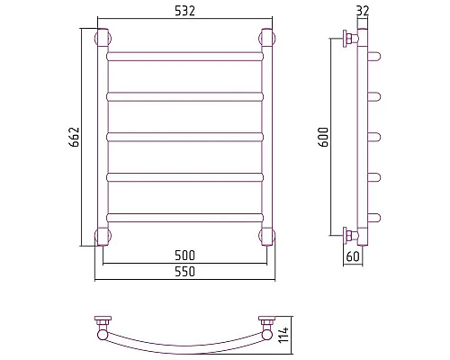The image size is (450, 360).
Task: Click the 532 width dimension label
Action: click(x=184, y=11)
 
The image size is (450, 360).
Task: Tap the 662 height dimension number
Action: click(x=74, y=137)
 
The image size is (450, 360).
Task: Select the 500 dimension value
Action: click(x=184, y=256)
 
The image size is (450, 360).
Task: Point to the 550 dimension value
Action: click(x=184, y=272)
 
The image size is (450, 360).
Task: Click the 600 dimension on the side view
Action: click(x=324, y=137)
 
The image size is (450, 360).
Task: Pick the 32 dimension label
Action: click(x=363, y=11)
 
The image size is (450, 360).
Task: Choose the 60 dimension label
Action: click(x=353, y=256)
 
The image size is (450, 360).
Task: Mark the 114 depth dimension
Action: click(x=283, y=335)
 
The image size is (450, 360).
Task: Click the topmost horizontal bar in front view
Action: click(x=184, y=57)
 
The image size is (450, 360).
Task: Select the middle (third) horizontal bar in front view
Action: click(x=184, y=137)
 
